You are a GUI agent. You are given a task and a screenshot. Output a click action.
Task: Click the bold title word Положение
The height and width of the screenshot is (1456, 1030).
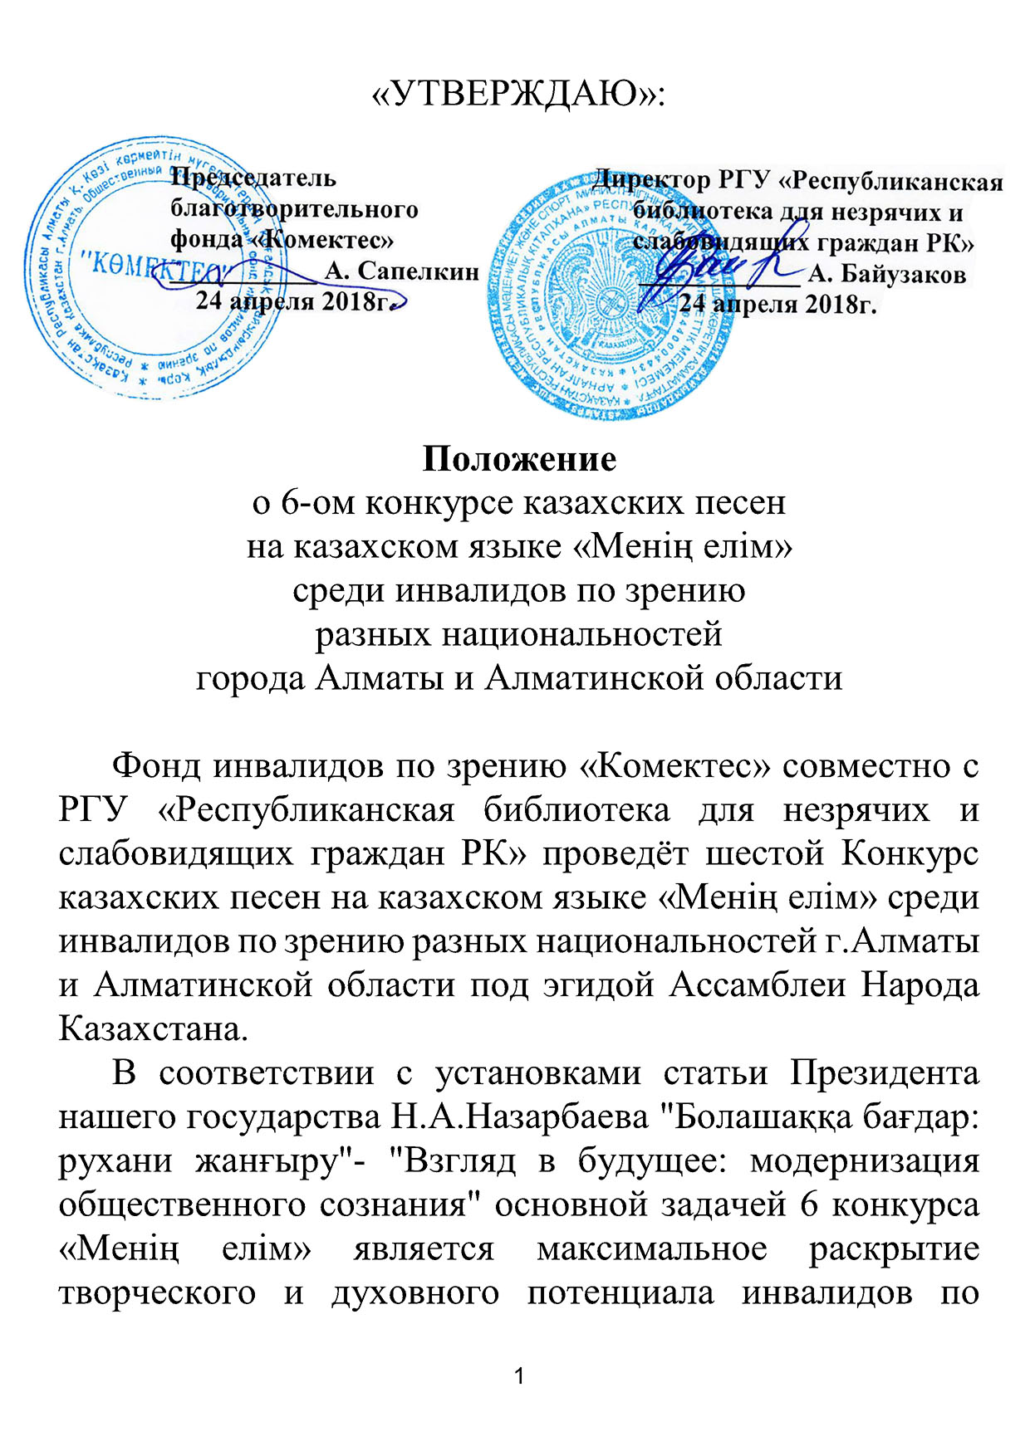[x=519, y=459]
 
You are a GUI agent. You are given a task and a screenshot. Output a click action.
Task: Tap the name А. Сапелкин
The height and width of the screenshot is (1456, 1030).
[x=401, y=271]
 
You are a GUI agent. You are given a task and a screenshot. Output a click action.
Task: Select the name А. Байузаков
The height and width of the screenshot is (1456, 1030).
[x=886, y=274]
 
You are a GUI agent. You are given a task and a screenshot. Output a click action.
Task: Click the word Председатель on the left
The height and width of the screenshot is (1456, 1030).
[x=253, y=178]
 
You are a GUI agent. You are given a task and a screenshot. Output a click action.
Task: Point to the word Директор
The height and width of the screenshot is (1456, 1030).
[x=652, y=179]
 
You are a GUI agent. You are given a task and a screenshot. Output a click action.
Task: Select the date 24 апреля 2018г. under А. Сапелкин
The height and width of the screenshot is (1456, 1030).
[x=293, y=301]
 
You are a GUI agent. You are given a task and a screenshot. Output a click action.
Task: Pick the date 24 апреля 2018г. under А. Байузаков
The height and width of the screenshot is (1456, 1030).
[x=778, y=304]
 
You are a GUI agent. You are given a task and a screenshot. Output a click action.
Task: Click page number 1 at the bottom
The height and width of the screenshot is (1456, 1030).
[x=519, y=1377]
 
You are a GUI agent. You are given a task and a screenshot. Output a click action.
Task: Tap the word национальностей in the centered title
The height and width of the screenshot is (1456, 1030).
[x=518, y=634]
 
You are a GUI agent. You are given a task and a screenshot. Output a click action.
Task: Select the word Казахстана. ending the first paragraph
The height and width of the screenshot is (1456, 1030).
[x=154, y=1029]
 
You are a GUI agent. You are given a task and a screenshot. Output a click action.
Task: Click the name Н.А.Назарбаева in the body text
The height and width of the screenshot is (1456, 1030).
[x=520, y=1117]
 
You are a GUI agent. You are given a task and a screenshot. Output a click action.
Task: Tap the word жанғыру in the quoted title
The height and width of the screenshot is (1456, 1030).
[x=263, y=1161]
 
